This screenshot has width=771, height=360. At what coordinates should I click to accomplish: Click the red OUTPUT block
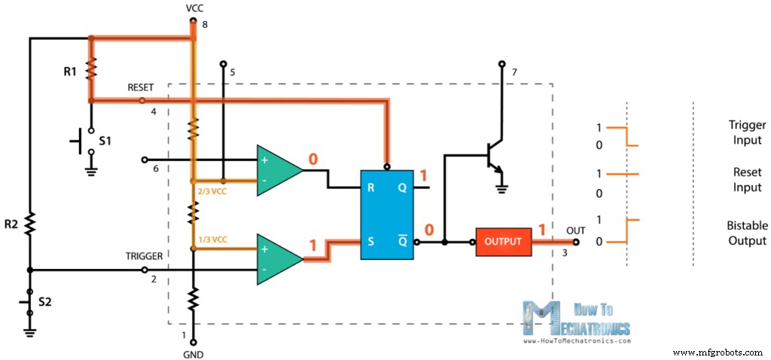[503, 242]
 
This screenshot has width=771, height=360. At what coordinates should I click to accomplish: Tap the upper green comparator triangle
[277, 170]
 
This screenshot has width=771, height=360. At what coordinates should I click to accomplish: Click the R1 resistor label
[70, 72]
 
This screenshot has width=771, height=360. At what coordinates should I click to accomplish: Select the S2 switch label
[46, 302]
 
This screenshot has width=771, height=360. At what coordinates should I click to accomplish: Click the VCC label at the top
[194, 8]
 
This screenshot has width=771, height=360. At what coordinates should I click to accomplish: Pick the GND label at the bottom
[193, 354]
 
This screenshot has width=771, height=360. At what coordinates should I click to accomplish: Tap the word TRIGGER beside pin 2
[144, 256]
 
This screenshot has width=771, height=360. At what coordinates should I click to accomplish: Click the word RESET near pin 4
[141, 88]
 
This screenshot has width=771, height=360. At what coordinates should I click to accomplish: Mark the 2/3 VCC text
[212, 191]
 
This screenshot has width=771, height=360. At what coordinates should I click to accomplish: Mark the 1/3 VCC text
[212, 239]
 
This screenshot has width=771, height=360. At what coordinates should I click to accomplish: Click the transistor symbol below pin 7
[494, 154]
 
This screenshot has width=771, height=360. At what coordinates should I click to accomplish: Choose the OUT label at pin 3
[576, 230]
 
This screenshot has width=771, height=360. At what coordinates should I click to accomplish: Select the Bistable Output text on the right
[747, 233]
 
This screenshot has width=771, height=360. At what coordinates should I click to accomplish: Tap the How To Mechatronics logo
[576, 321]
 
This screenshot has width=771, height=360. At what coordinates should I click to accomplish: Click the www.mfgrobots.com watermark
[718, 352]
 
